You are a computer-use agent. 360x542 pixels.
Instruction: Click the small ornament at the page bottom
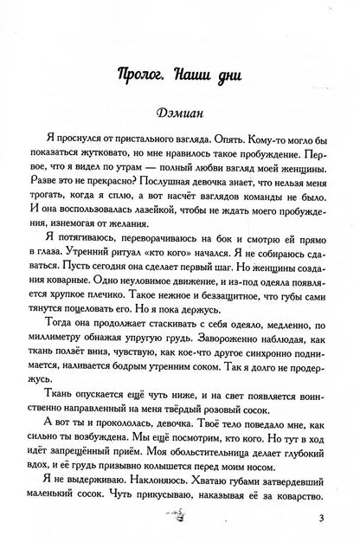pos(181,518)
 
